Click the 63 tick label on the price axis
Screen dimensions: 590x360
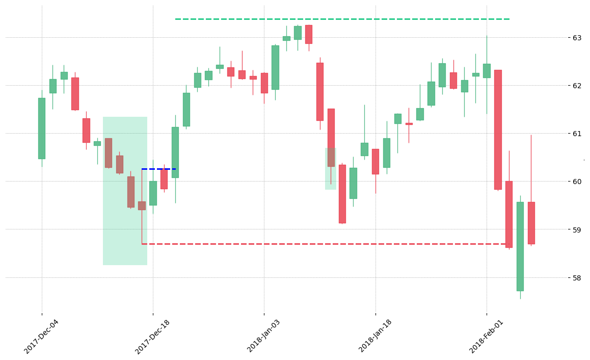click(x=576, y=38)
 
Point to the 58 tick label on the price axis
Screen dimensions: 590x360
click(x=576, y=278)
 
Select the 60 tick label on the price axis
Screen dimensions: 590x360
click(x=576, y=182)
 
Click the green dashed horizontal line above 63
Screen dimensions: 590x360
click(x=342, y=19)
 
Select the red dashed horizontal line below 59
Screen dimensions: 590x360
click(x=326, y=244)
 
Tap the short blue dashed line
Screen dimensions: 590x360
click(x=159, y=169)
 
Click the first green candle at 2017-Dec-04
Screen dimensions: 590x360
click(x=42, y=128)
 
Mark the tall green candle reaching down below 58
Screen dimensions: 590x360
click(x=520, y=247)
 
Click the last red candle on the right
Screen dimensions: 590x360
click(x=531, y=223)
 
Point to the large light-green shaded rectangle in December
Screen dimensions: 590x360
click(x=125, y=191)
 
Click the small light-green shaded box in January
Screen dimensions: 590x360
click(x=331, y=169)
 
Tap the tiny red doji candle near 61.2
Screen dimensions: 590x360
click(x=409, y=124)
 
